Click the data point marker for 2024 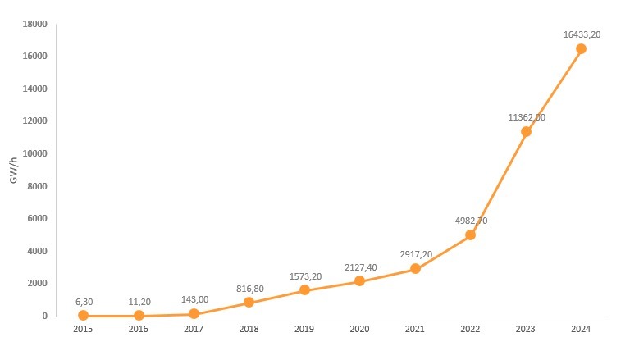[x=581, y=49]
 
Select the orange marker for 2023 [x=526, y=131]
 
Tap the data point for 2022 [x=471, y=235]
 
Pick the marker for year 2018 [x=249, y=303]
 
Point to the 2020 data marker [x=360, y=281]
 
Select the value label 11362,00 [x=527, y=117]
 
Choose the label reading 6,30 [x=83, y=301]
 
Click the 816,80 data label [x=249, y=288]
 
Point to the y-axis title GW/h [x=14, y=169]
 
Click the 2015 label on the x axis [x=83, y=329]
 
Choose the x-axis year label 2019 [x=304, y=329]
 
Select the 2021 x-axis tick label [x=415, y=329]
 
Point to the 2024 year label [x=581, y=329]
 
